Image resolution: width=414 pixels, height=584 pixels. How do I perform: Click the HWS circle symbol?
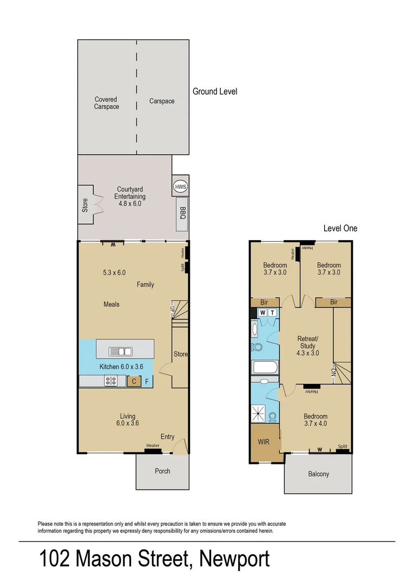click(180, 187)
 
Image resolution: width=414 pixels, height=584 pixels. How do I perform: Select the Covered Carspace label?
click(106, 103)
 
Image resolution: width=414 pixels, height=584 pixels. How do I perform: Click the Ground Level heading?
click(215, 91)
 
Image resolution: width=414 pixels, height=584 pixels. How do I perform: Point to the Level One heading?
click(340, 228)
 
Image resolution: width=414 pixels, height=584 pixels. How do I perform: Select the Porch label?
click(162, 471)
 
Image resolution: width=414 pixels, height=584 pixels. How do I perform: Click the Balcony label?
click(318, 474)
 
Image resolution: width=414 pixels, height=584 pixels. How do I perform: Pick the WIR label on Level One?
click(264, 442)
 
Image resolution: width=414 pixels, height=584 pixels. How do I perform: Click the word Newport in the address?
click(234, 559)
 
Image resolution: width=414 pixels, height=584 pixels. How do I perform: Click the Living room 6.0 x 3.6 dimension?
click(128, 423)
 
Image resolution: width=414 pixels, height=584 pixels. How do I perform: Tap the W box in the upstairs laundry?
click(262, 313)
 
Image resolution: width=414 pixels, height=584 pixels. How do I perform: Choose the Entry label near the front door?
click(167, 436)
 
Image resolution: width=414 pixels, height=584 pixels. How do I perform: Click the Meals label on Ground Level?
click(111, 304)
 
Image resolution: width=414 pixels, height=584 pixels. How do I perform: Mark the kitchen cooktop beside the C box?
click(110, 381)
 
